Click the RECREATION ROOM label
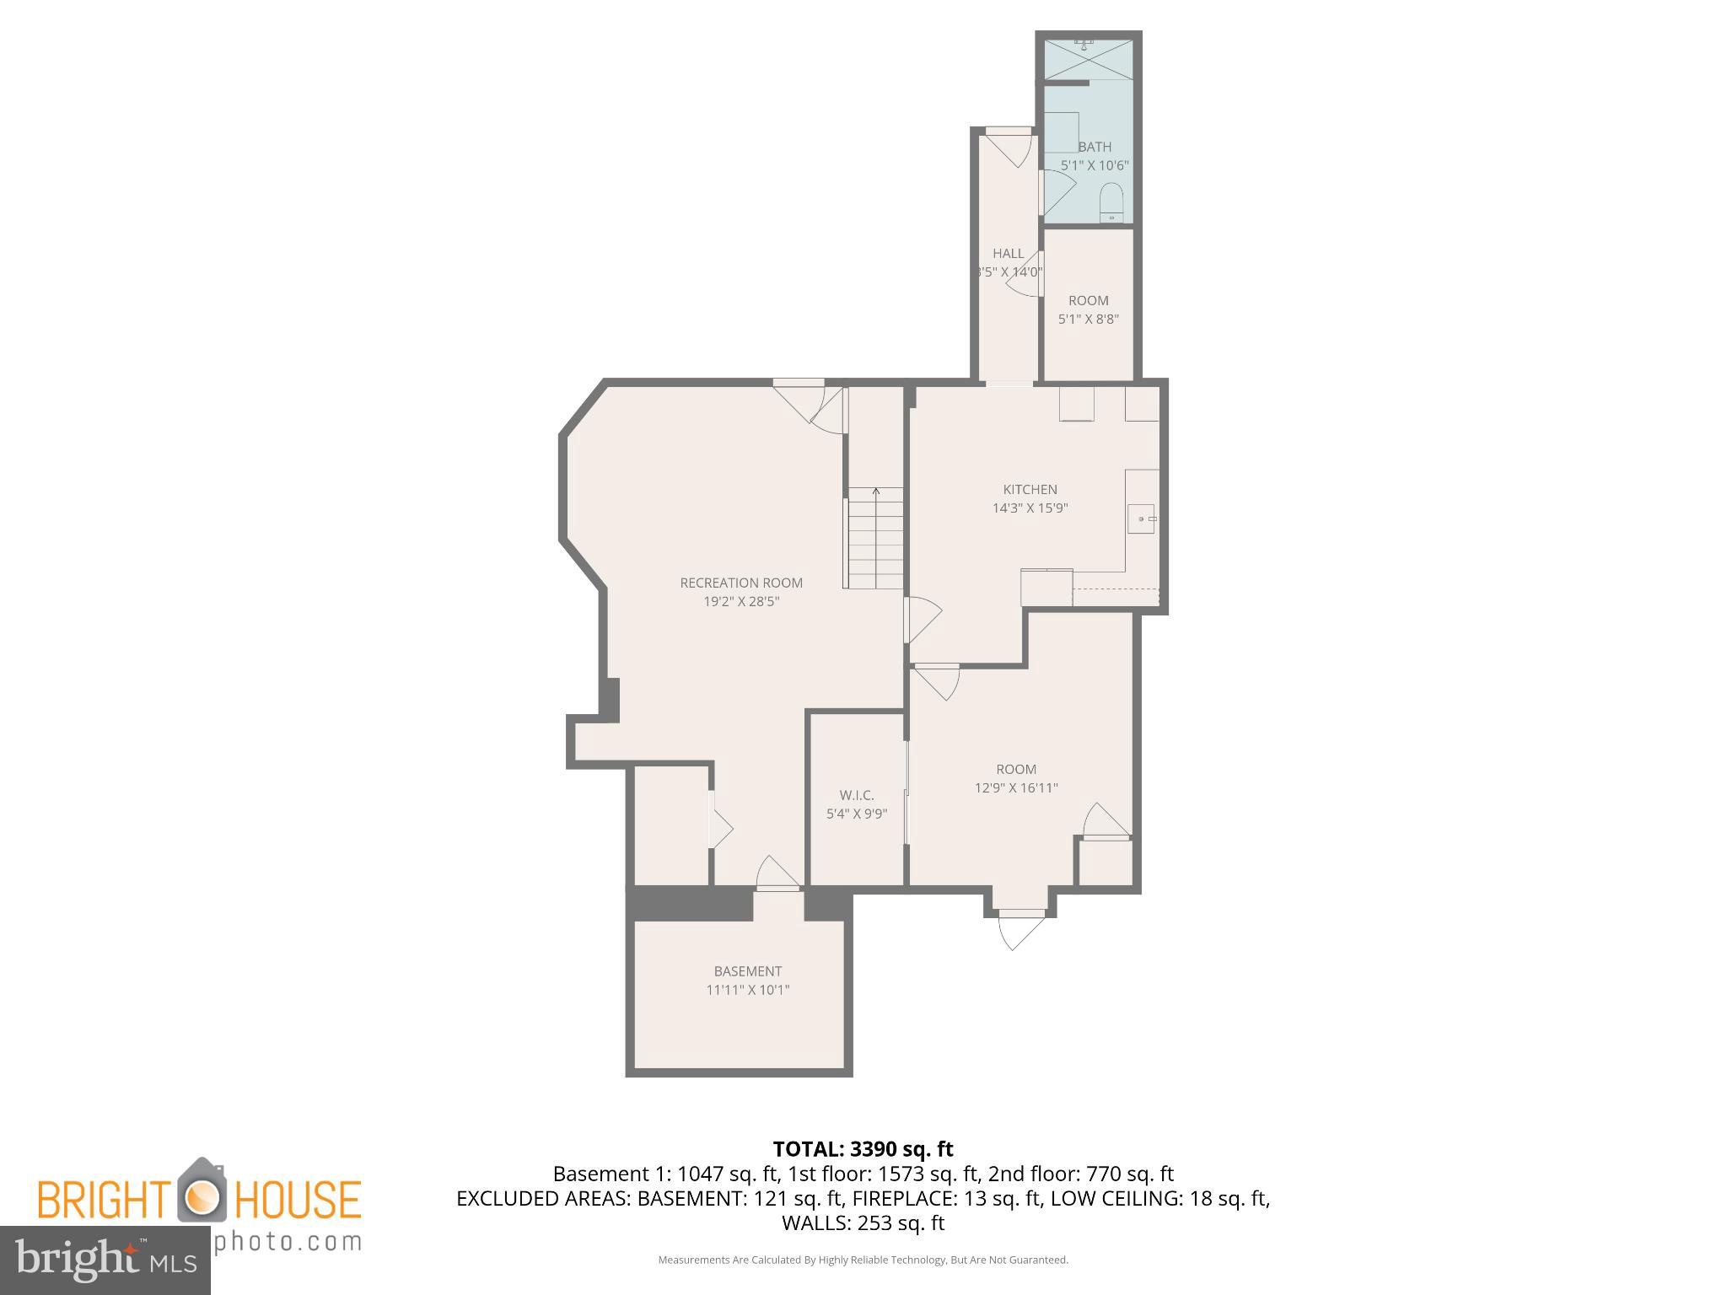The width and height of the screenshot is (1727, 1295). pyautogui.click(x=741, y=583)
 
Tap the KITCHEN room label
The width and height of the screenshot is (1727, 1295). pyautogui.click(x=1030, y=489)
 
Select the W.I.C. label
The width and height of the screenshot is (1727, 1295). pyautogui.click(x=857, y=795)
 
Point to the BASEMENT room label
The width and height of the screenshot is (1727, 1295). pyautogui.click(x=747, y=971)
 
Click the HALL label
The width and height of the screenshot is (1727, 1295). pyautogui.click(x=1008, y=253)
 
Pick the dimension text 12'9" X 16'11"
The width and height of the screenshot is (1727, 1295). pyautogui.click(x=1016, y=788)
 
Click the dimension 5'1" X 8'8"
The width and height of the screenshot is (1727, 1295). pyautogui.click(x=1088, y=320)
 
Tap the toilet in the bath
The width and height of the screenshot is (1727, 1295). pyautogui.click(x=1112, y=202)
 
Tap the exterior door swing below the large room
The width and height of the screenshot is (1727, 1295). pyautogui.click(x=1020, y=930)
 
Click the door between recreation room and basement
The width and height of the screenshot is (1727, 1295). pyautogui.click(x=777, y=875)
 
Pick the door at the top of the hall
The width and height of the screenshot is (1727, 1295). pyautogui.click(x=1009, y=145)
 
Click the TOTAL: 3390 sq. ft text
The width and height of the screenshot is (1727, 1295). pyautogui.click(x=863, y=1149)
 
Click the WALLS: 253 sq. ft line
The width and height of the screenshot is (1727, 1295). pyautogui.click(x=863, y=1222)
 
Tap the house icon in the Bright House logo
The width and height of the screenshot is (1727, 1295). pyautogui.click(x=201, y=1190)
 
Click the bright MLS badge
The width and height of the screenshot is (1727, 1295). pyautogui.click(x=105, y=1260)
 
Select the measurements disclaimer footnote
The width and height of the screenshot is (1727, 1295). pyautogui.click(x=863, y=1260)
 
